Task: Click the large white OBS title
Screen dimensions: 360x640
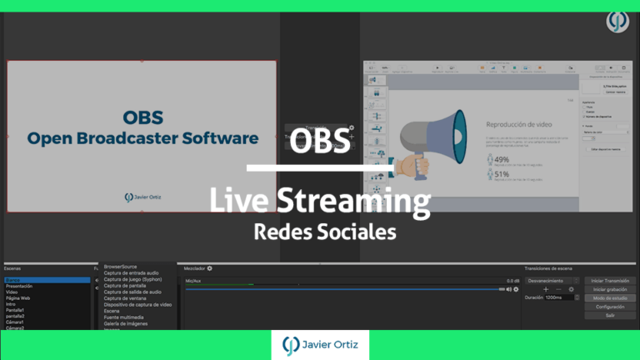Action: tap(321, 140)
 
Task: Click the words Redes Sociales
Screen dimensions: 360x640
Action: tap(324, 232)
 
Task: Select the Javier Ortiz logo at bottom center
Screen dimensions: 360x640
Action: tap(320, 345)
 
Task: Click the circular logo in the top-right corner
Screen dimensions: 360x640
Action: tap(617, 21)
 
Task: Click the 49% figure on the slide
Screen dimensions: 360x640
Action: tap(502, 159)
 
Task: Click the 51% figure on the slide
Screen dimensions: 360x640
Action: tap(502, 174)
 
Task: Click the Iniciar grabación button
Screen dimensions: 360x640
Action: tap(610, 289)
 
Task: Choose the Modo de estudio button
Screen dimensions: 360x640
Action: tap(610, 297)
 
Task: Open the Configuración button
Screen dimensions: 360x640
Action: tap(610, 307)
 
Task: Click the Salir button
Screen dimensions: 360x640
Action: tap(610, 315)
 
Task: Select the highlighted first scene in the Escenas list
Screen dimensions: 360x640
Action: tap(46, 280)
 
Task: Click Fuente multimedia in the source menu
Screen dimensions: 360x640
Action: tap(125, 317)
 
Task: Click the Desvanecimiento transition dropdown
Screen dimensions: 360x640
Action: tap(550, 280)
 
